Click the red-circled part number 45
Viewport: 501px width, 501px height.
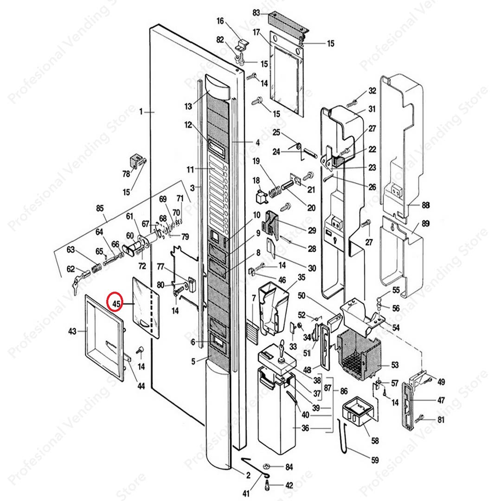tap(115, 304)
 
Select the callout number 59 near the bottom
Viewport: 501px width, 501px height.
tap(374, 460)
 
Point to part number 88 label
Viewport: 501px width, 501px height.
tap(425, 205)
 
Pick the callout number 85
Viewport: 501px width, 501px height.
tap(100, 208)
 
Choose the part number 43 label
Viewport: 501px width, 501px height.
tap(72, 331)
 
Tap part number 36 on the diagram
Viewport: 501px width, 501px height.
tap(305, 428)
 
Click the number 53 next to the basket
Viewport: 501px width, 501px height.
tap(394, 365)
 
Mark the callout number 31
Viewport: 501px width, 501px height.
tap(372, 109)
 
